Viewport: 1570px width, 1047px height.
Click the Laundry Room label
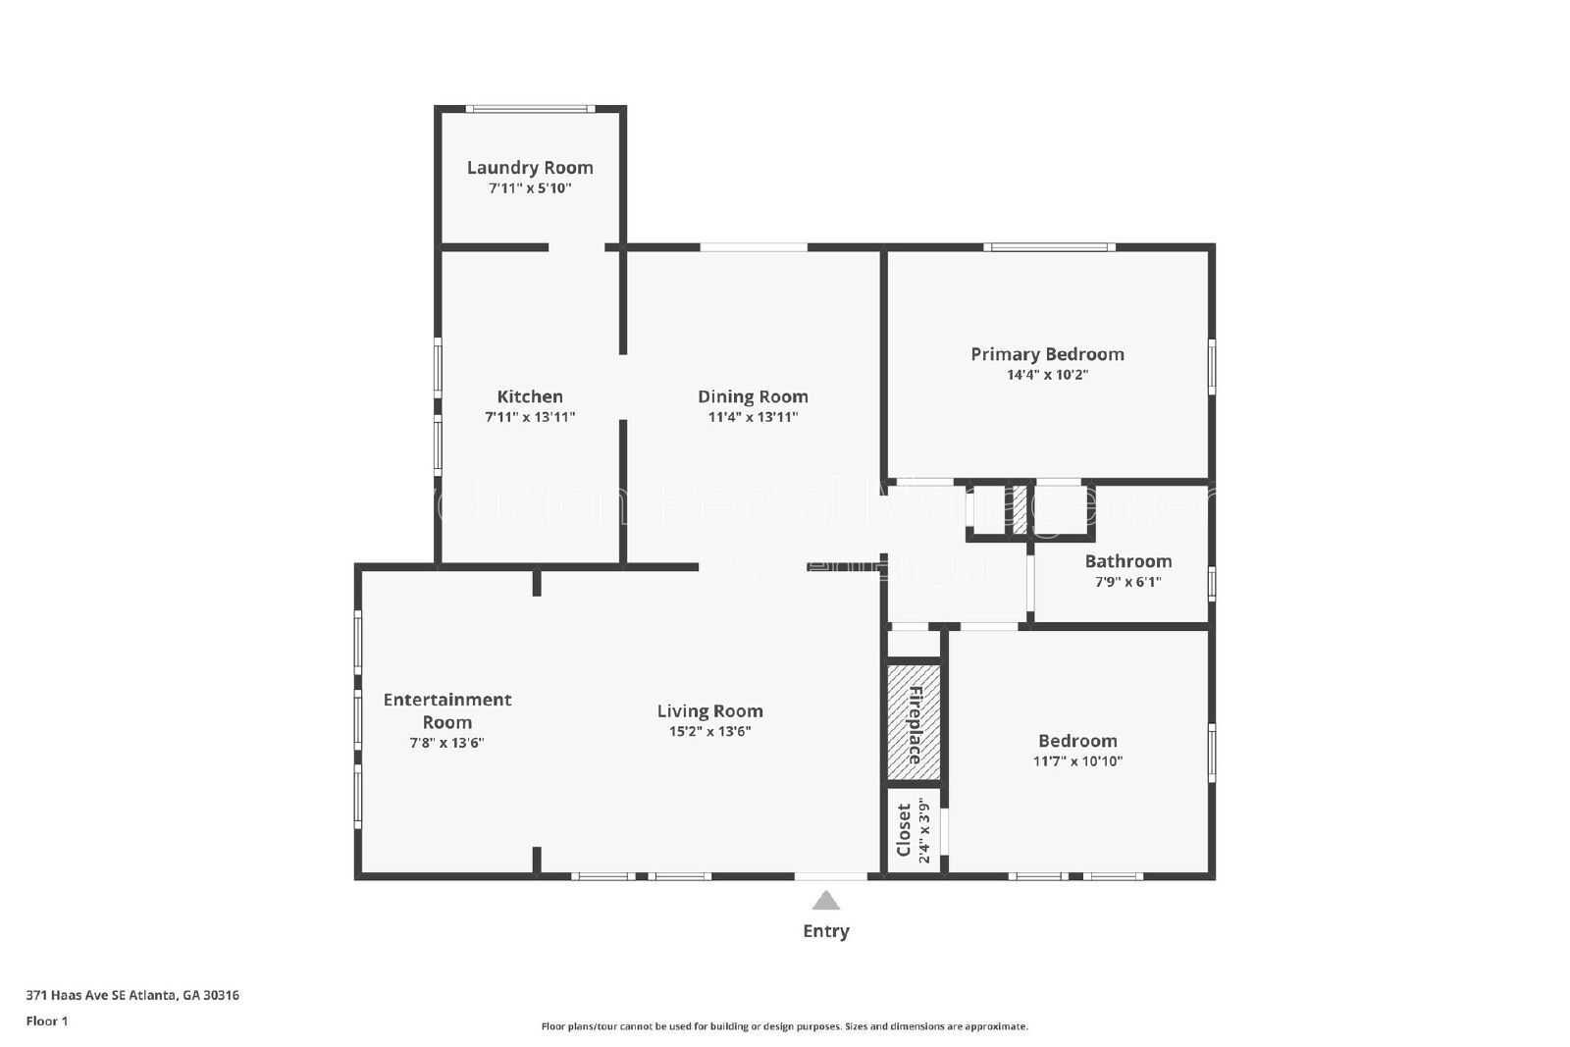530,168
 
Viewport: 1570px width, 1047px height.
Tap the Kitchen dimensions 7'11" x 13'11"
530,417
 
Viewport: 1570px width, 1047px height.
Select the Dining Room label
753,396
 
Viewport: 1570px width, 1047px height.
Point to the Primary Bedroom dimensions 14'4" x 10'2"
1047,375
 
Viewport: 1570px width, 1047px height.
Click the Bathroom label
1127,561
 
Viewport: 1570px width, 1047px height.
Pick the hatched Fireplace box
914,723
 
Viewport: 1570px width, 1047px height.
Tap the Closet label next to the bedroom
904,830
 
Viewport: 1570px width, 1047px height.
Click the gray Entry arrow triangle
826,901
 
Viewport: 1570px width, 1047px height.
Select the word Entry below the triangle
826,931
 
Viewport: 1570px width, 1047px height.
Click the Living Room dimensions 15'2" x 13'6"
709,731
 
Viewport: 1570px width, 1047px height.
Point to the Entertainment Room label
447,710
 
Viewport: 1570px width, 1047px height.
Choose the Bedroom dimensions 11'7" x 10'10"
1077,761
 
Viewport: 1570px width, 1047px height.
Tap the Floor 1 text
47,1021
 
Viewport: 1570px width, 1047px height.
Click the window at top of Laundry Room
530,109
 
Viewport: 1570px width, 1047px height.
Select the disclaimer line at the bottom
784,1026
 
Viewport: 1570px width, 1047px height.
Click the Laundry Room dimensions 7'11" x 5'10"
530,188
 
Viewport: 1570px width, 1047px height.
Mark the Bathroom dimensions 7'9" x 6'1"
1127,582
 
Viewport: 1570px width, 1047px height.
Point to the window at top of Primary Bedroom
1049,247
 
